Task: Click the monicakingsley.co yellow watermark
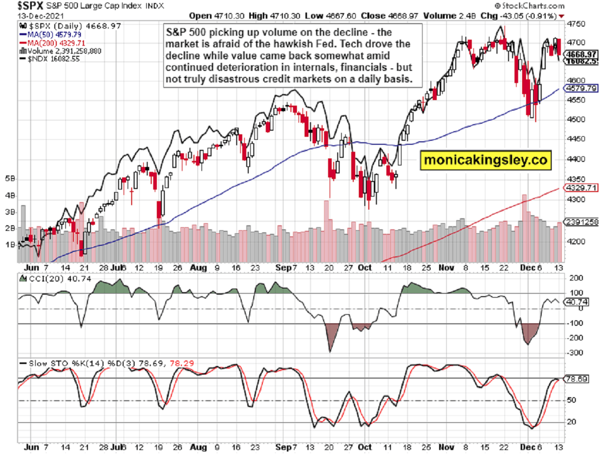point(485,160)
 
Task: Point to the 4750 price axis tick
point(575,23)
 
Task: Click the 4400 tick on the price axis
point(575,159)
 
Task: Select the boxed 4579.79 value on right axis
point(582,88)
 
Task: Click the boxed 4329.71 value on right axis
point(582,188)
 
